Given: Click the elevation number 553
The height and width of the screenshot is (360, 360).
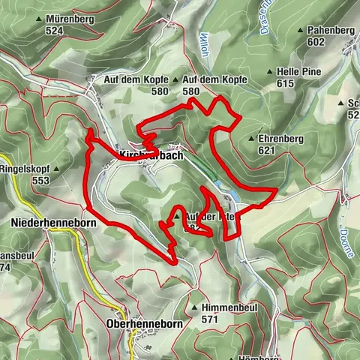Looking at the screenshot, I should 43,181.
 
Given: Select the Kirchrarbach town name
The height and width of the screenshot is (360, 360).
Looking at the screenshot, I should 151,154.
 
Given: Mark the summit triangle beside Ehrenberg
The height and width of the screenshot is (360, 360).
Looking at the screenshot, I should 251,139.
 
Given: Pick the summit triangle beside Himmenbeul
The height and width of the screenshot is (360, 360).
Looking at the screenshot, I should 193,308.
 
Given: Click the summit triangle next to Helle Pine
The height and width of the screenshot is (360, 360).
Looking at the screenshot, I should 270,72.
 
